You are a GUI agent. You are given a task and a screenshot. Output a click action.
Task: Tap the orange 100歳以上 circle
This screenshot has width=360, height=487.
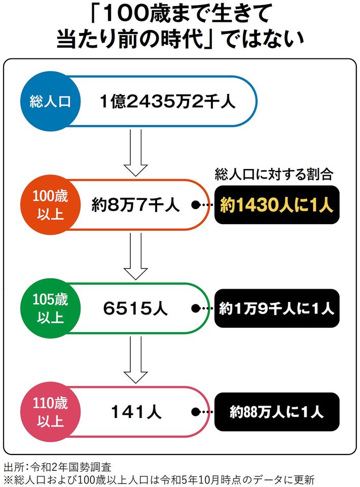click(49, 205)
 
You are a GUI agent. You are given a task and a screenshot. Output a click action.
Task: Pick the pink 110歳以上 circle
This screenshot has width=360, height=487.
click(49, 412)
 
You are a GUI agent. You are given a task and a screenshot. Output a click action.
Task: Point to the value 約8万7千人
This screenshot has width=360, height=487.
click(135, 205)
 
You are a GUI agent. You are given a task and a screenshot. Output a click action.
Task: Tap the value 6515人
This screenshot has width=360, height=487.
click(135, 308)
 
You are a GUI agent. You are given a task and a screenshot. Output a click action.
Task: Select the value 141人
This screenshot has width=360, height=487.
click(135, 412)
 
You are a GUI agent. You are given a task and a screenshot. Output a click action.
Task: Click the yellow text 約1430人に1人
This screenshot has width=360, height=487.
click(276, 205)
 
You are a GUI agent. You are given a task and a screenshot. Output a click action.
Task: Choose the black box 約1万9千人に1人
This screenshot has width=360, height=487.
click(276, 308)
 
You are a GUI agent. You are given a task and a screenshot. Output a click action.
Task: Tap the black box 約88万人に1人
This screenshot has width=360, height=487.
click(276, 412)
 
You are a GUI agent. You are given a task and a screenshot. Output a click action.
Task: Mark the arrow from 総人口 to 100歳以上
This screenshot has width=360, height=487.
click(135, 152)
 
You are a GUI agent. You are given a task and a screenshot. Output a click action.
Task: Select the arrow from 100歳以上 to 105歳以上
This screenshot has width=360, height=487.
click(135, 256)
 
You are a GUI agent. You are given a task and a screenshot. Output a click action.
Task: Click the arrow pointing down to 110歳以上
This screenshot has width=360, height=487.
click(135, 360)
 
